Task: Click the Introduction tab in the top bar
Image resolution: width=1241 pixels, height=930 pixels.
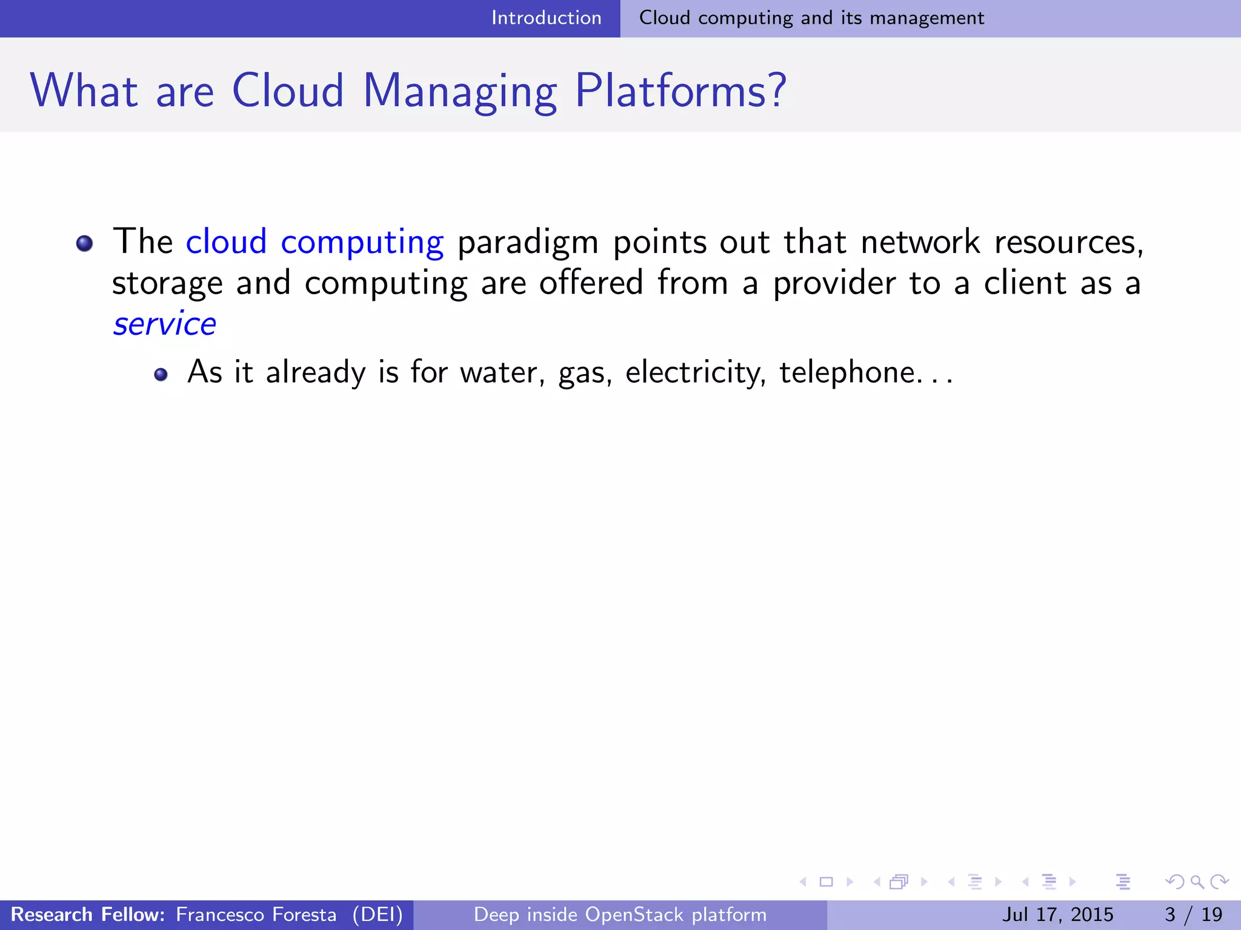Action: pos(546,18)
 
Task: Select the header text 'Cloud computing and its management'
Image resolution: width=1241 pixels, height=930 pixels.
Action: pos(811,18)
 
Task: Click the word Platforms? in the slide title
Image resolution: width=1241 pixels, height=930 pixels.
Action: pos(680,91)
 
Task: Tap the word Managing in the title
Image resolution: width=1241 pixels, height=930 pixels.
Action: pos(459,91)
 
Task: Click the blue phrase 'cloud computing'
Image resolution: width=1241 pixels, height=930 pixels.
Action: pos(314,242)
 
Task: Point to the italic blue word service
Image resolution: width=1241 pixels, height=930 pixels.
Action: pos(164,324)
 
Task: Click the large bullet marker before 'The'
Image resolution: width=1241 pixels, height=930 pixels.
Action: pos(84,243)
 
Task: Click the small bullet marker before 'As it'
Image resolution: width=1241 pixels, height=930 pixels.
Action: pos(161,374)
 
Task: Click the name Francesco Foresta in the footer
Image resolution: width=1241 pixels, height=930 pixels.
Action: pos(256,914)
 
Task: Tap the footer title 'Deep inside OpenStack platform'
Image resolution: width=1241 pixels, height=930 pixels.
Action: pos(620,914)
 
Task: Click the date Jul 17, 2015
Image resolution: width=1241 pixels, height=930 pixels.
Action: pos(1057,914)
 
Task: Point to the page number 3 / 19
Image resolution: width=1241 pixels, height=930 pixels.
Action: pos(1193,914)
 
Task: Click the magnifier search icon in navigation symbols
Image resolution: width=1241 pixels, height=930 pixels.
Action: pos(1197,882)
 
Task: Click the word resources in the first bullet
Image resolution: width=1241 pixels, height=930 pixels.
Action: pos(1068,242)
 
